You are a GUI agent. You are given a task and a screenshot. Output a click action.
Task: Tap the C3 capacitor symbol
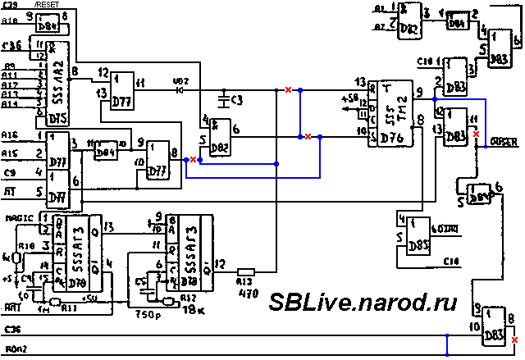pyautogui.click(x=222, y=99)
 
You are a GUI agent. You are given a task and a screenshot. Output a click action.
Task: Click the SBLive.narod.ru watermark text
pyautogui.click(x=363, y=301)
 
